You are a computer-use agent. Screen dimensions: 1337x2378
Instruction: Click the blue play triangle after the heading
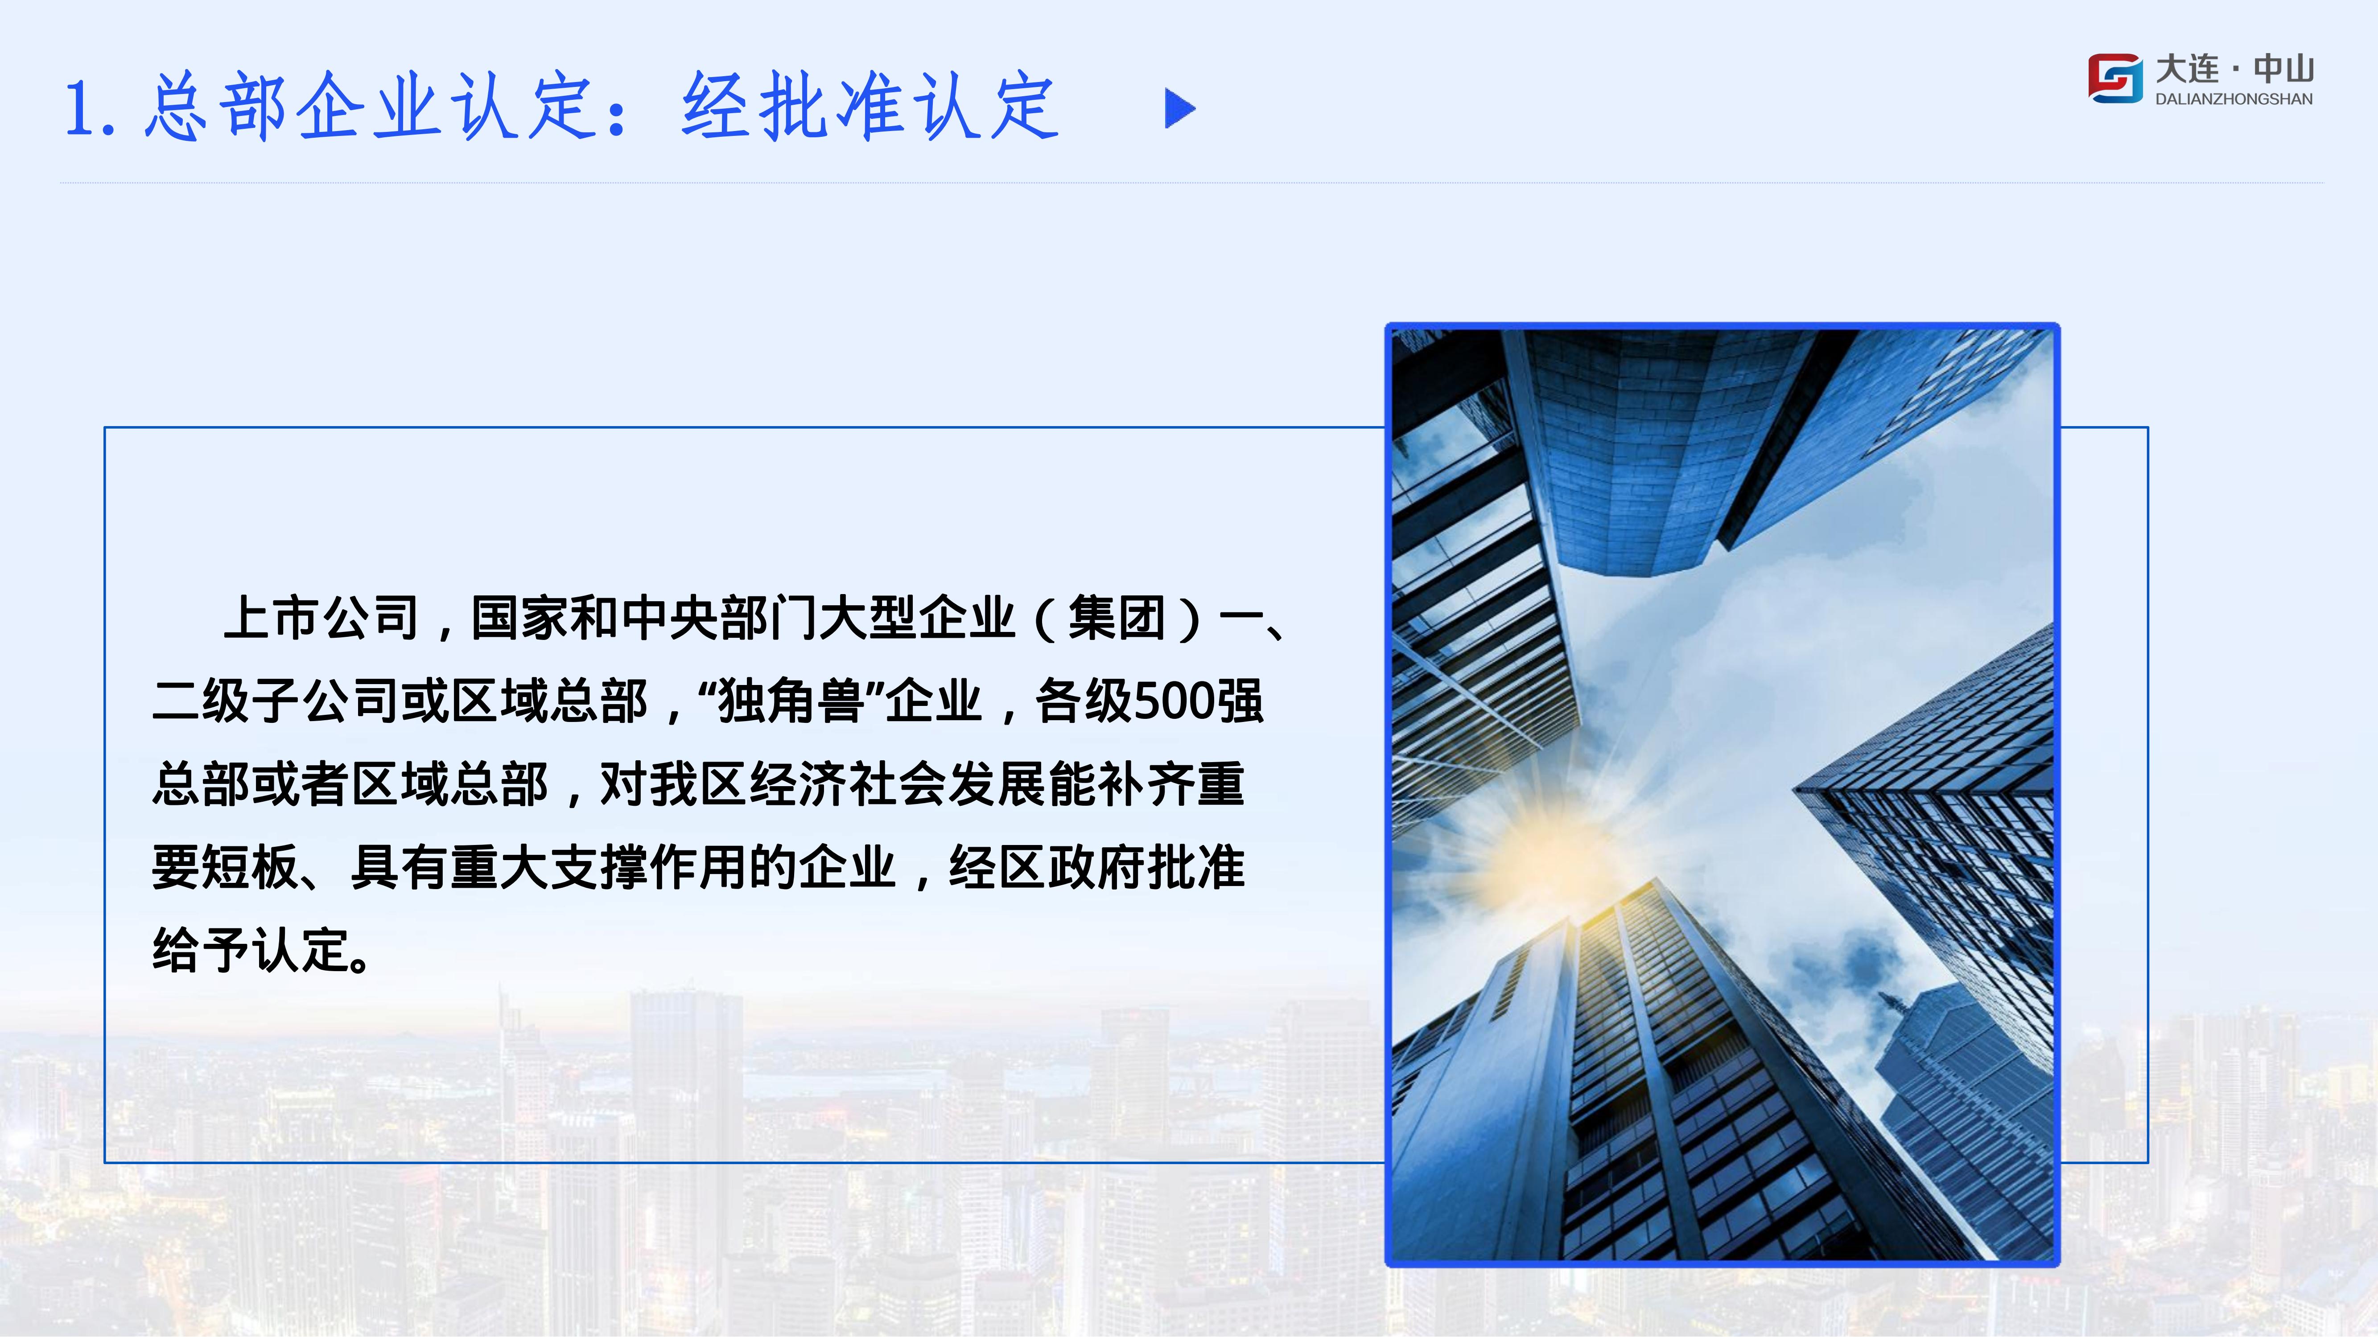tap(1180, 109)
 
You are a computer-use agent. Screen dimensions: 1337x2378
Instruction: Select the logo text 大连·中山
tap(2234, 68)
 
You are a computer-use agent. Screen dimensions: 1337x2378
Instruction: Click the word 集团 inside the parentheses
tap(1117, 618)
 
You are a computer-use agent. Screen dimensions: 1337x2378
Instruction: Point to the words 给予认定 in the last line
tap(249, 951)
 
